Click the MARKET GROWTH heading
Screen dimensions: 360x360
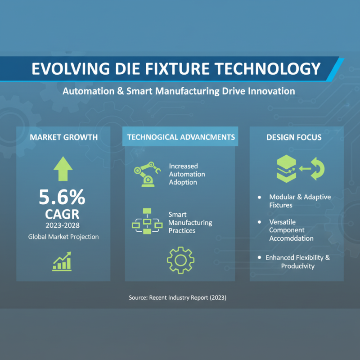tap(63, 137)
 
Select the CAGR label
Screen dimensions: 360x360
tap(63, 213)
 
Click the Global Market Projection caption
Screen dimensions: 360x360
tap(63, 236)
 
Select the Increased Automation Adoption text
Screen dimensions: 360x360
tap(187, 174)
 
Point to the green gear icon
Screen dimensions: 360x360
tap(180, 261)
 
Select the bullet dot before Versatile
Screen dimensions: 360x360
tap(260, 222)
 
